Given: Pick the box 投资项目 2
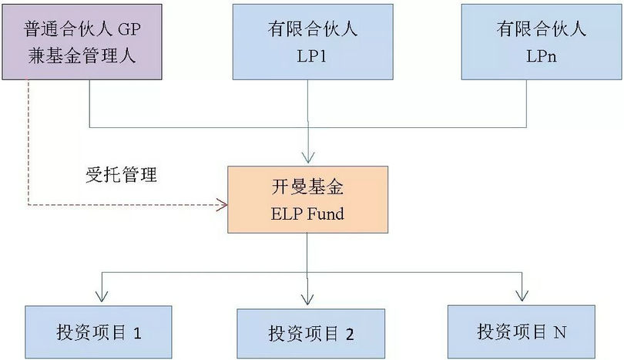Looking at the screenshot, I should pos(310,333).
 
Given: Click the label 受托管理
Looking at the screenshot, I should pos(121,175).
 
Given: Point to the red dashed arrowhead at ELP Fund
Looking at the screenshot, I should pos(223,205).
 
